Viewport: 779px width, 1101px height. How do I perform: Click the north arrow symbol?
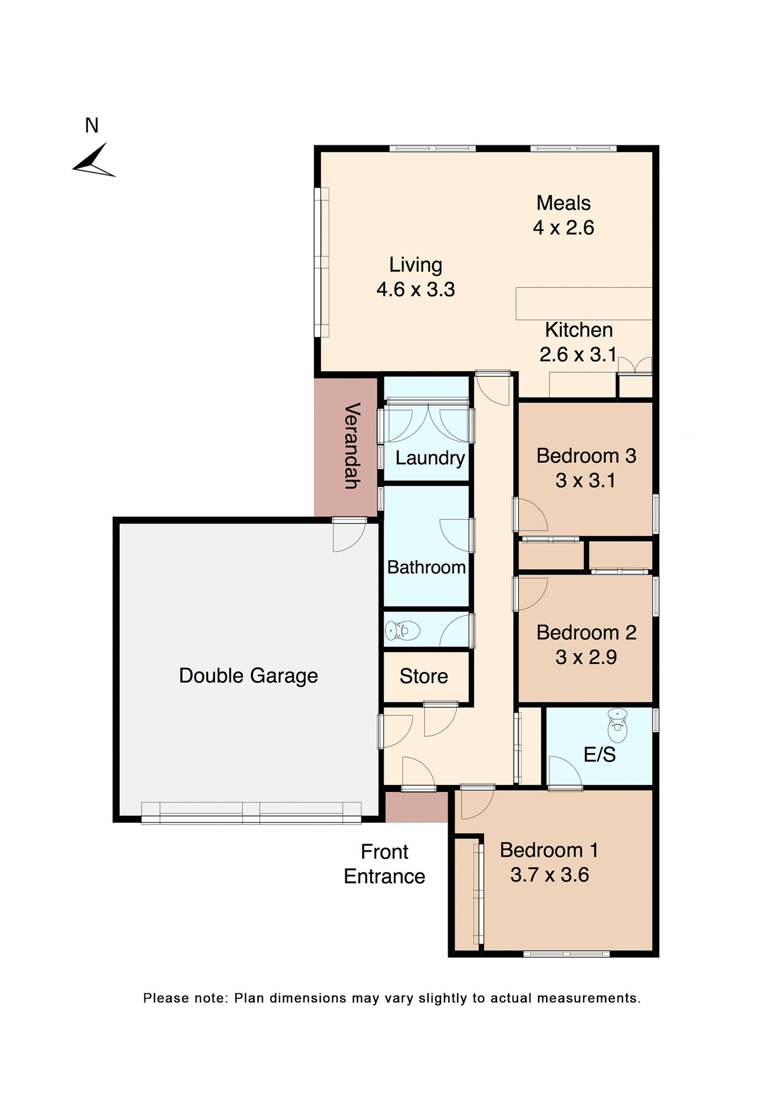click(x=94, y=162)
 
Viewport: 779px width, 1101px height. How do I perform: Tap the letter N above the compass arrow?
click(x=92, y=126)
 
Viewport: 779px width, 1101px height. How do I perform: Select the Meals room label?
click(x=563, y=203)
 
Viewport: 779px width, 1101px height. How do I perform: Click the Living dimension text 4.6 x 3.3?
click(x=415, y=290)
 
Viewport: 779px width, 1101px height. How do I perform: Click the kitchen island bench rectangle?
click(x=583, y=303)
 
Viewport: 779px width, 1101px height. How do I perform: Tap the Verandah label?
click(x=352, y=446)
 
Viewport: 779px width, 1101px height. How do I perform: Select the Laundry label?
click(x=430, y=458)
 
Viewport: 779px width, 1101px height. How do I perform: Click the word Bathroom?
click(x=426, y=567)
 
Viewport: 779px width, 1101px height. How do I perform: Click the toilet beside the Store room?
click(x=403, y=631)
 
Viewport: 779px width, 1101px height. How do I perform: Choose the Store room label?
click(x=423, y=677)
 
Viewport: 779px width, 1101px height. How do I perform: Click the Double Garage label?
click(x=248, y=676)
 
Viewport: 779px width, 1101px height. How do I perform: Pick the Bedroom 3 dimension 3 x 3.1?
click(x=585, y=481)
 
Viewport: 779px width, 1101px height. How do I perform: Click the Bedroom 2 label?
click(x=586, y=633)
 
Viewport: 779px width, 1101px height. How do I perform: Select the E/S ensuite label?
click(x=599, y=755)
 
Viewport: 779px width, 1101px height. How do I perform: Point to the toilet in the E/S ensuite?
click(x=617, y=726)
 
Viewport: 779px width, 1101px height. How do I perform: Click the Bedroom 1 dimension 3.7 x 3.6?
click(x=549, y=875)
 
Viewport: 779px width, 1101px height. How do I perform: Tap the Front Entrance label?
click(x=384, y=864)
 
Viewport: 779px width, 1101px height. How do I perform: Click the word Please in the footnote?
click(x=166, y=998)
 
